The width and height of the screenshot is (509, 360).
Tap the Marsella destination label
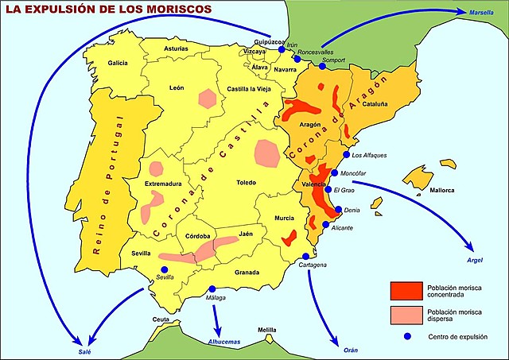point(480,14)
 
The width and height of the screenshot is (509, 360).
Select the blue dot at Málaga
point(212,289)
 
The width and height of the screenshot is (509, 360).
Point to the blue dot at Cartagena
point(306,256)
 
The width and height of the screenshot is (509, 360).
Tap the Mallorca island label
point(438,190)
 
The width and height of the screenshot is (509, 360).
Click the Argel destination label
point(476,260)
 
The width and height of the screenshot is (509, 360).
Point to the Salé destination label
point(74,349)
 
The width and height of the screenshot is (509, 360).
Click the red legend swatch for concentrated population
point(406,288)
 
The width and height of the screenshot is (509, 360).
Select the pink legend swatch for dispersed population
point(406,314)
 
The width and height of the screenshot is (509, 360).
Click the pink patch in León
point(208,99)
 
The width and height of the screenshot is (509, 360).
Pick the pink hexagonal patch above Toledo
point(266,151)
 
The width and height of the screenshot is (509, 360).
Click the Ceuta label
point(161,319)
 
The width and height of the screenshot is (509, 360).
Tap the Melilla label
point(267,328)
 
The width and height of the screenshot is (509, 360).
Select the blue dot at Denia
point(340,210)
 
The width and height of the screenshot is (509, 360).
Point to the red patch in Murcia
point(290,237)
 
